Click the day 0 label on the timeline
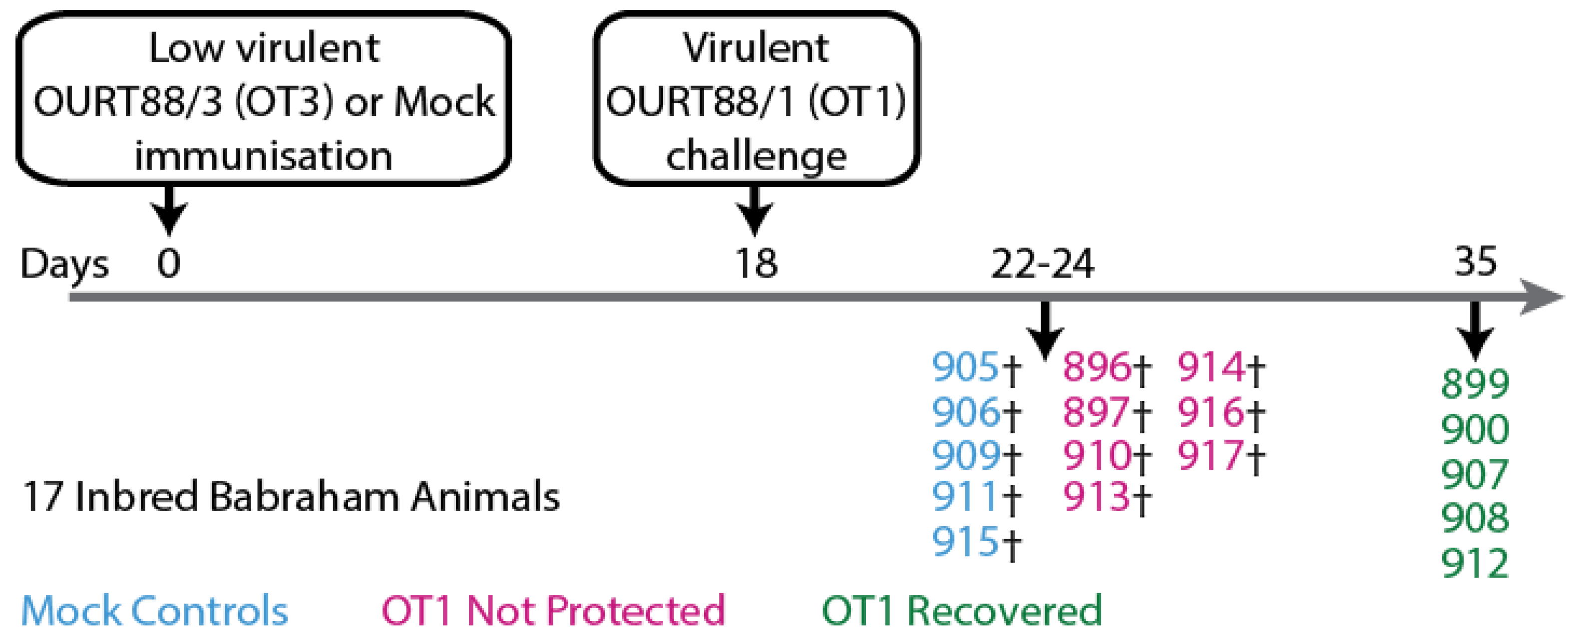pyautogui.click(x=169, y=264)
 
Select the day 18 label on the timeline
pyautogui.click(x=757, y=264)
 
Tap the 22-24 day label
pyautogui.click(x=1042, y=264)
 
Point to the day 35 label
pyautogui.click(x=1476, y=262)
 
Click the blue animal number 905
pyautogui.click(x=965, y=367)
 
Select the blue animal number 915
pyautogui.click(x=965, y=542)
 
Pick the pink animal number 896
pyautogui.click(x=1096, y=367)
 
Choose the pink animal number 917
pyautogui.click(x=1210, y=455)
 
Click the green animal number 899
pyautogui.click(x=1475, y=384)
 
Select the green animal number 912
pyautogui.click(x=1475, y=563)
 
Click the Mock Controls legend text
pyautogui.click(x=154, y=611)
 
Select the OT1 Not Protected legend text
pyautogui.click(x=553, y=611)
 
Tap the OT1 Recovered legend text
pyautogui.click(x=962, y=611)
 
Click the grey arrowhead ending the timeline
pyautogui.click(x=1542, y=297)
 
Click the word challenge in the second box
pyautogui.click(x=757, y=156)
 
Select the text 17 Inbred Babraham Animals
pyautogui.click(x=291, y=496)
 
